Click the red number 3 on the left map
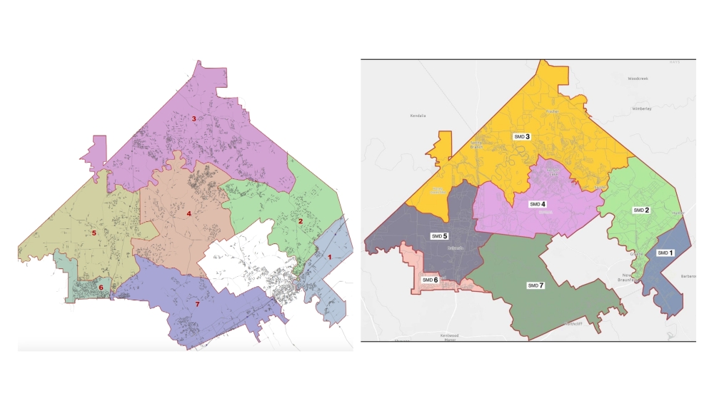coord(193,118)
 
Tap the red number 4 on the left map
coord(188,213)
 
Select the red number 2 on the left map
coord(301,221)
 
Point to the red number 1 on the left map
coord(329,255)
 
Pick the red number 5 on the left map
coord(94,233)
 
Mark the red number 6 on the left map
coord(101,288)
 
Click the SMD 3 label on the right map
coord(521,136)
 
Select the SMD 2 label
coord(641,210)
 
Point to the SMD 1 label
coord(664,253)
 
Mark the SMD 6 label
coord(430,280)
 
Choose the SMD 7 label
coord(535,285)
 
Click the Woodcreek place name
coord(641,78)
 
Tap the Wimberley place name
coord(642,109)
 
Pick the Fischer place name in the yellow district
coord(551,111)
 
